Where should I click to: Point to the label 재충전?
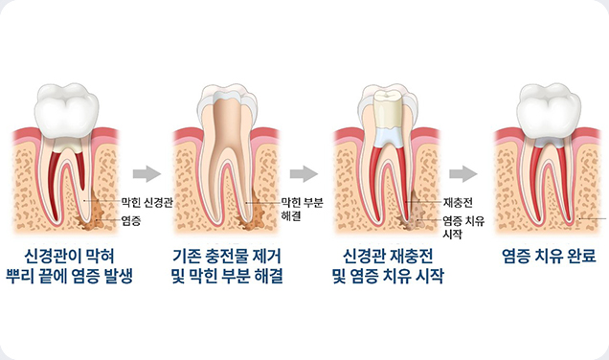pyautogui.click(x=454, y=204)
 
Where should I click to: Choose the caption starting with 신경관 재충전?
pyautogui.click(x=388, y=267)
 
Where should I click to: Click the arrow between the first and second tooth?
pyautogui.click(x=146, y=173)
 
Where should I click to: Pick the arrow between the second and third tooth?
pyautogui.click(x=304, y=173)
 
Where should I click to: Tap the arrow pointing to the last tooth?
pyautogui.click(x=463, y=173)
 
